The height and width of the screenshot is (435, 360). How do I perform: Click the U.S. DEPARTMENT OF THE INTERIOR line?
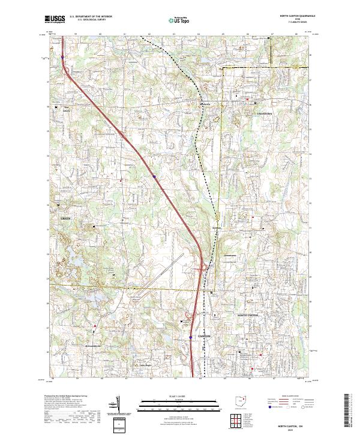[x=94, y=16]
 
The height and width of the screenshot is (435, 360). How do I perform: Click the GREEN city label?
[x=65, y=218]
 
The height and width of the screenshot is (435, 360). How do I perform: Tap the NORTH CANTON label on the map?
[x=248, y=315]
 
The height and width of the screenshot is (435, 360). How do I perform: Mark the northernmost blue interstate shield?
[x=62, y=58]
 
